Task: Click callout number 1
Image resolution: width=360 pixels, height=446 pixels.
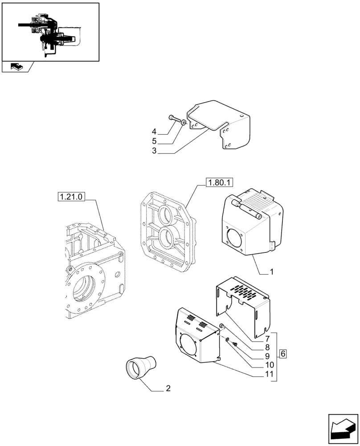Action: click(x=271, y=271)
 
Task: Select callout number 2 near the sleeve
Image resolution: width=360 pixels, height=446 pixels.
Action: click(x=168, y=388)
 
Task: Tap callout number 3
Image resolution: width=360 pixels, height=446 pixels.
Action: click(x=154, y=151)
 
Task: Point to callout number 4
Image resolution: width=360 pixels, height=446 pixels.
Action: click(x=154, y=132)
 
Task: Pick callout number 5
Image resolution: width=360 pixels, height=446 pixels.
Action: click(x=154, y=141)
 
